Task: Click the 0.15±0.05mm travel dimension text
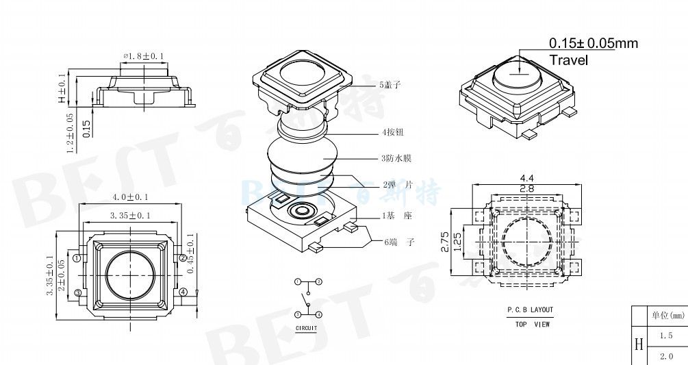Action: point(593,44)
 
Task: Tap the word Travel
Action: point(569,60)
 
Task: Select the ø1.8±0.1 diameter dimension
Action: point(144,55)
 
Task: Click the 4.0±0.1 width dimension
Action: point(130,197)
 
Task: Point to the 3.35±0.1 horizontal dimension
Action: point(130,216)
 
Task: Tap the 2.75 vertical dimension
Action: point(445,244)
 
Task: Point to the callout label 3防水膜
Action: point(395,158)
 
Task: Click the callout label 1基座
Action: point(398,216)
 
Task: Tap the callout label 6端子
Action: point(398,242)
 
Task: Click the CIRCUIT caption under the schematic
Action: point(307,329)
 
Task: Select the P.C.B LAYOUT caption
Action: point(530,310)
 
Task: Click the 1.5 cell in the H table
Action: point(666,336)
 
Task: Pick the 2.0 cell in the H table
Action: point(666,356)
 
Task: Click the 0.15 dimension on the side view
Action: point(86,128)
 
